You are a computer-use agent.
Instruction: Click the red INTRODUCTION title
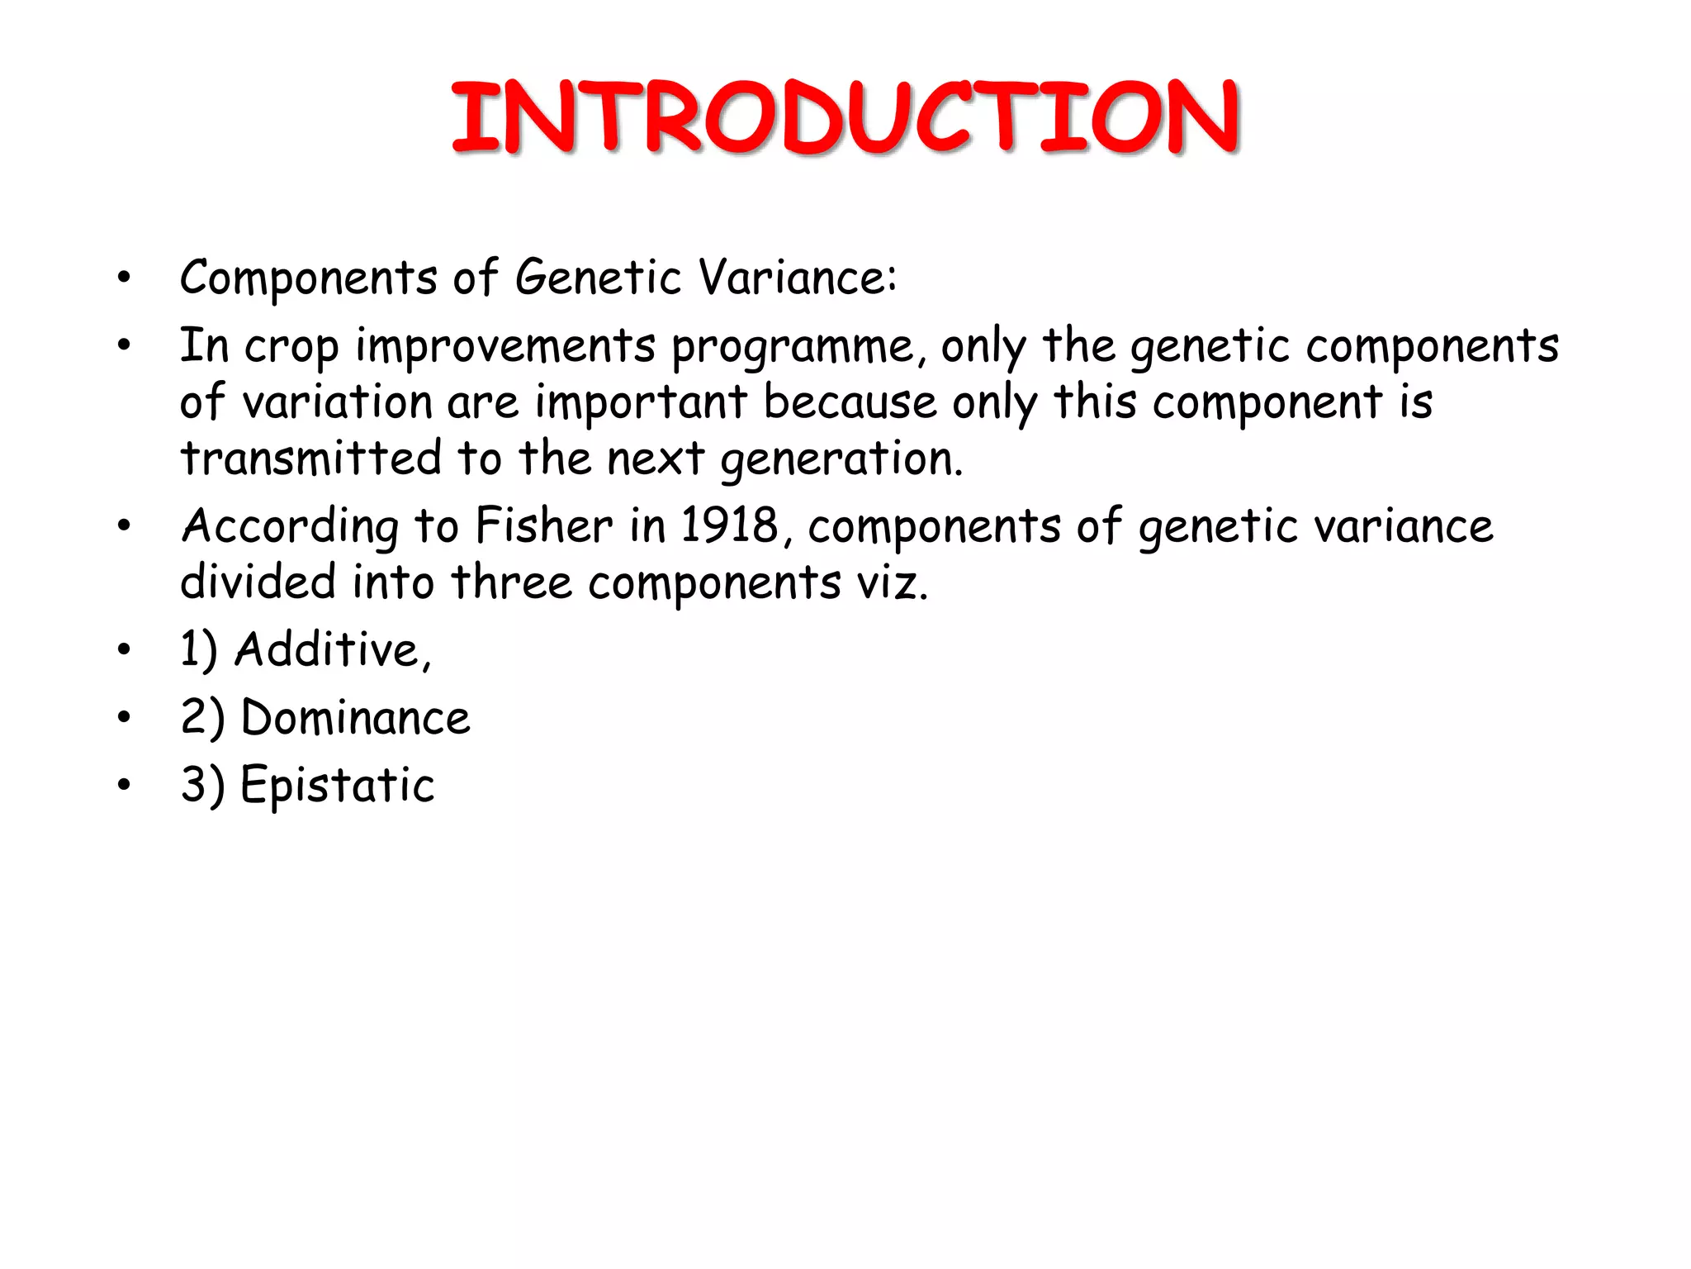click(x=845, y=117)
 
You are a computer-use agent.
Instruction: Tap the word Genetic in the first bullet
click(x=598, y=278)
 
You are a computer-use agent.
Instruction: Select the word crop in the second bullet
click(x=291, y=347)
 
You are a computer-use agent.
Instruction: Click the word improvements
click(x=505, y=347)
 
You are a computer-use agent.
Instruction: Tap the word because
click(x=850, y=402)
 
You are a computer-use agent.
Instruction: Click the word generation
click(x=841, y=459)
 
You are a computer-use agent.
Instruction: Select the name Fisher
click(x=544, y=526)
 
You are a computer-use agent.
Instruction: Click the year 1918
click(x=729, y=526)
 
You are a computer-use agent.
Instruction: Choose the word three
click(x=511, y=582)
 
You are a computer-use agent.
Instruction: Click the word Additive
click(x=332, y=650)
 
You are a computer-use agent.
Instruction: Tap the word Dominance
click(x=355, y=718)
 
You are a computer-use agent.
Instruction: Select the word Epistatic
click(x=337, y=786)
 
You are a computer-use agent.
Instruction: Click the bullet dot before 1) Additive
click(x=124, y=649)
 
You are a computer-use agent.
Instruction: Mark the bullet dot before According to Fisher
click(x=124, y=525)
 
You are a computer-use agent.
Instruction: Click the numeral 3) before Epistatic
click(x=202, y=786)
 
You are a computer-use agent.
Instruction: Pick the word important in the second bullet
click(x=641, y=402)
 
